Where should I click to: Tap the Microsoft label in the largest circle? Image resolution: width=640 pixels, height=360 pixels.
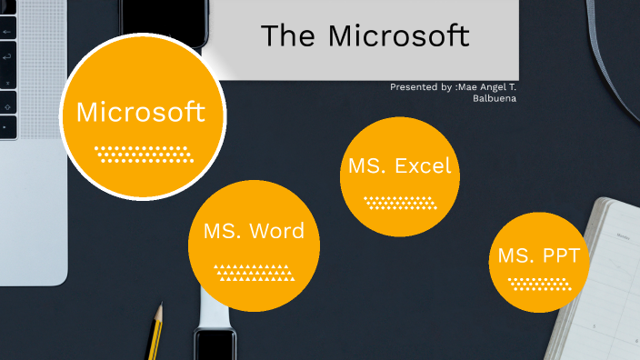coord(140,113)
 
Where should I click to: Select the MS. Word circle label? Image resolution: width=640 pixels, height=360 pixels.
coord(254,231)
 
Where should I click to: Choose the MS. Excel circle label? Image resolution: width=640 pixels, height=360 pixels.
coord(399,166)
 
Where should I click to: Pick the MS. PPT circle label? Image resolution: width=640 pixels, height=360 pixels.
coord(538,255)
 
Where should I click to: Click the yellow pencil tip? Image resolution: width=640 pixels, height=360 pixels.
coord(158,315)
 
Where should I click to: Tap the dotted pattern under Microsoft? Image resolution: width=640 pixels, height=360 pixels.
coord(144,153)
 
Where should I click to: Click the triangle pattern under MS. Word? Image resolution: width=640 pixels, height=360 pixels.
coord(254,271)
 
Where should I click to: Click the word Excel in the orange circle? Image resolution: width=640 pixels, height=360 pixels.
coord(423,166)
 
